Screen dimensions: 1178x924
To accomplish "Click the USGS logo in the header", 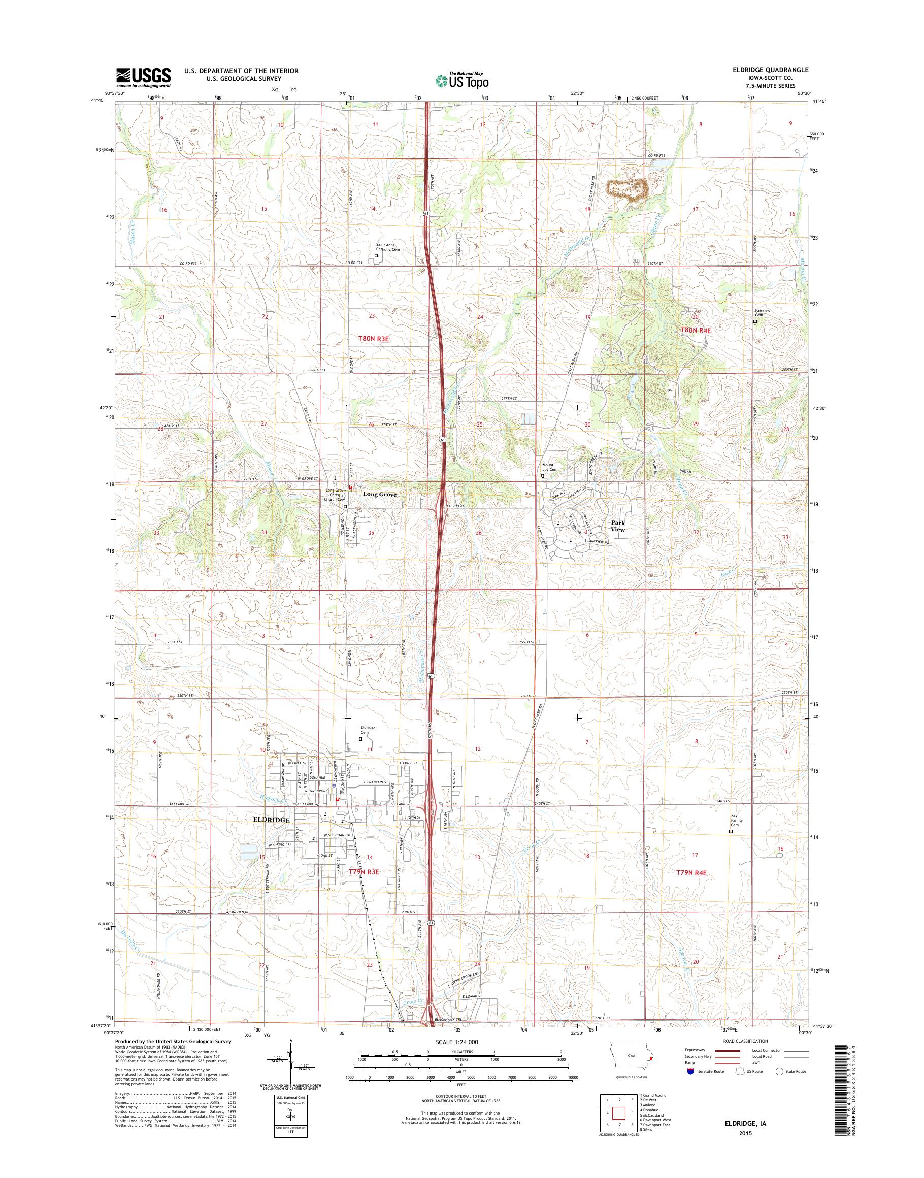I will (x=143, y=77).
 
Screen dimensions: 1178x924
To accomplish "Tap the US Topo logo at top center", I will (x=461, y=80).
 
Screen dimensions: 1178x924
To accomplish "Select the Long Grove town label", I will (x=380, y=494).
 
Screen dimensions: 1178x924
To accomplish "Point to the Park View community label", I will (x=618, y=526).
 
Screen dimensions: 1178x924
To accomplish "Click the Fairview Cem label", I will (x=762, y=313).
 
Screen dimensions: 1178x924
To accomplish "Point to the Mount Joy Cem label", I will (x=550, y=467).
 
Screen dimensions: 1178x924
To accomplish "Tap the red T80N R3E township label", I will (x=374, y=338).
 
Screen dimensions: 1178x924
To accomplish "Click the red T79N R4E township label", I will (x=692, y=872).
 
